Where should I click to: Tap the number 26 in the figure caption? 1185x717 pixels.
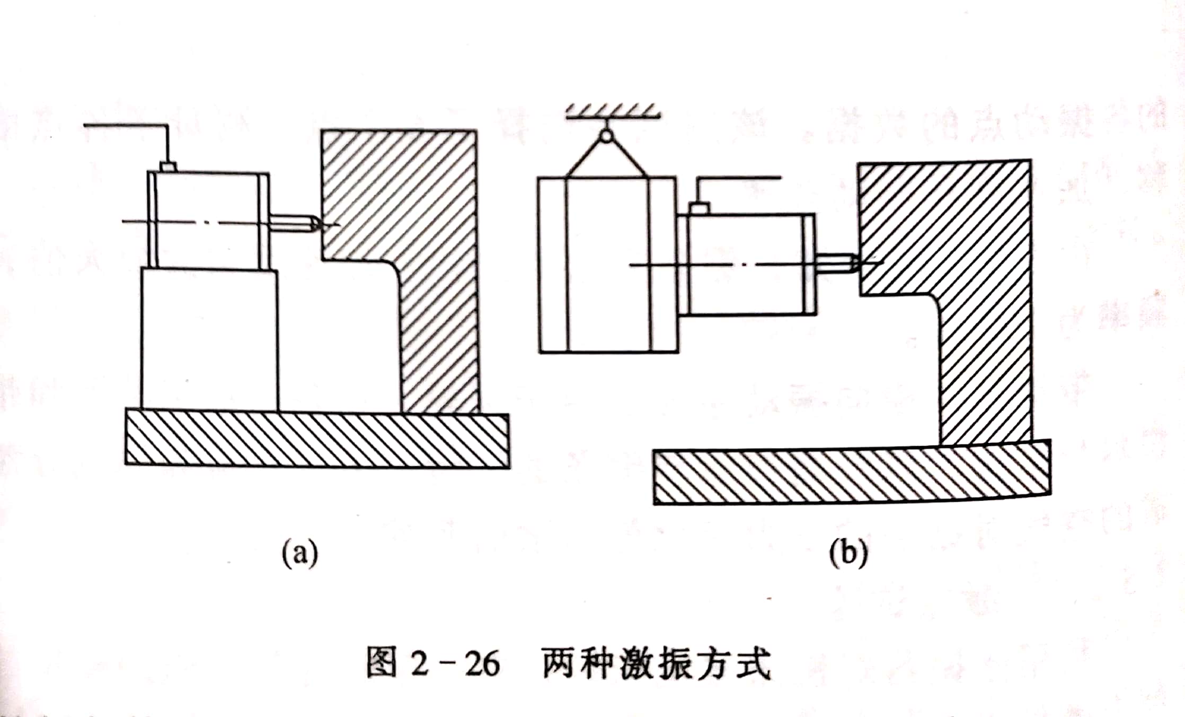point(482,663)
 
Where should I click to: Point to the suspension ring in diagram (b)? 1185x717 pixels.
point(606,136)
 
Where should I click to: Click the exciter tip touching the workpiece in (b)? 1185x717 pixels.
point(852,263)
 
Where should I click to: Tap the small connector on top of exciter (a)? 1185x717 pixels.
point(168,167)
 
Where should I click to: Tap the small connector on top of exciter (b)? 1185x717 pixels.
point(700,208)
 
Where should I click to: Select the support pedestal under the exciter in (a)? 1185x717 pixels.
point(209,339)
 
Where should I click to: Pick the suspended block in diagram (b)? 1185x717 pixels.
point(607,265)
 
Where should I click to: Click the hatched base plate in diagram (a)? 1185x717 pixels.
point(317,440)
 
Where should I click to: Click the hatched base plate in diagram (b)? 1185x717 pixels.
point(852,475)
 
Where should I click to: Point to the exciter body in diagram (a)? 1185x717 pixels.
point(209,220)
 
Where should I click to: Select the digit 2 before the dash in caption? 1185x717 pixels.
point(420,663)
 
